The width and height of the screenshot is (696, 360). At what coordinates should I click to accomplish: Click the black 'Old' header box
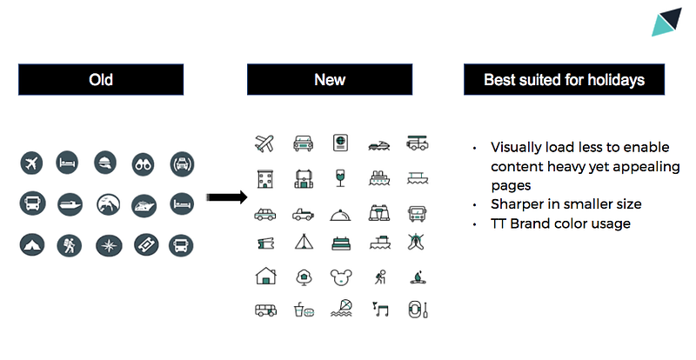(101, 79)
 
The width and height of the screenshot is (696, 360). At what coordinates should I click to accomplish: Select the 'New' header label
(330, 79)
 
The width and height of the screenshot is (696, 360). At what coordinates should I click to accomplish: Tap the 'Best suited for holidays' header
(564, 79)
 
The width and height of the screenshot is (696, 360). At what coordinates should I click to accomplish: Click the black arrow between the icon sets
(227, 197)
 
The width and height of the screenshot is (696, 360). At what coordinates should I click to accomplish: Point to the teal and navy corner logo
(666, 22)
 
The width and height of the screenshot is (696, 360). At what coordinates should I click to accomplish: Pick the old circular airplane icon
(31, 163)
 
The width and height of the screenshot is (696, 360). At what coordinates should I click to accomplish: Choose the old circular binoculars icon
(143, 164)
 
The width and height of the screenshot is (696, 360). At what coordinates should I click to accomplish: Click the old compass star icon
(109, 245)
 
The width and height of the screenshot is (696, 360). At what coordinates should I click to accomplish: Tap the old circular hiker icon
(70, 245)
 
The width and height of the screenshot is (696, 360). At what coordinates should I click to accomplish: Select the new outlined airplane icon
(264, 143)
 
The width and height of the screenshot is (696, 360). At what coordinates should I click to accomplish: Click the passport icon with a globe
(340, 143)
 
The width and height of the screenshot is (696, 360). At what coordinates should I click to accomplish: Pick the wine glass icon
(340, 178)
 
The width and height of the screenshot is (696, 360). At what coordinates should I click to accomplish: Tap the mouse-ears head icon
(341, 277)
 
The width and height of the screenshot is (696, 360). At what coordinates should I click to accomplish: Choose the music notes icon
(381, 309)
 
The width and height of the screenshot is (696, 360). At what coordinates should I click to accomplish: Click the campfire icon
(418, 277)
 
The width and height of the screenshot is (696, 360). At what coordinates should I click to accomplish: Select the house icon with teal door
(266, 276)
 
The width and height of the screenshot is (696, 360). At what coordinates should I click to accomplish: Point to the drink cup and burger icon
(304, 310)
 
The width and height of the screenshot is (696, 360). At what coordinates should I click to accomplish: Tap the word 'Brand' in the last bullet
(530, 223)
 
